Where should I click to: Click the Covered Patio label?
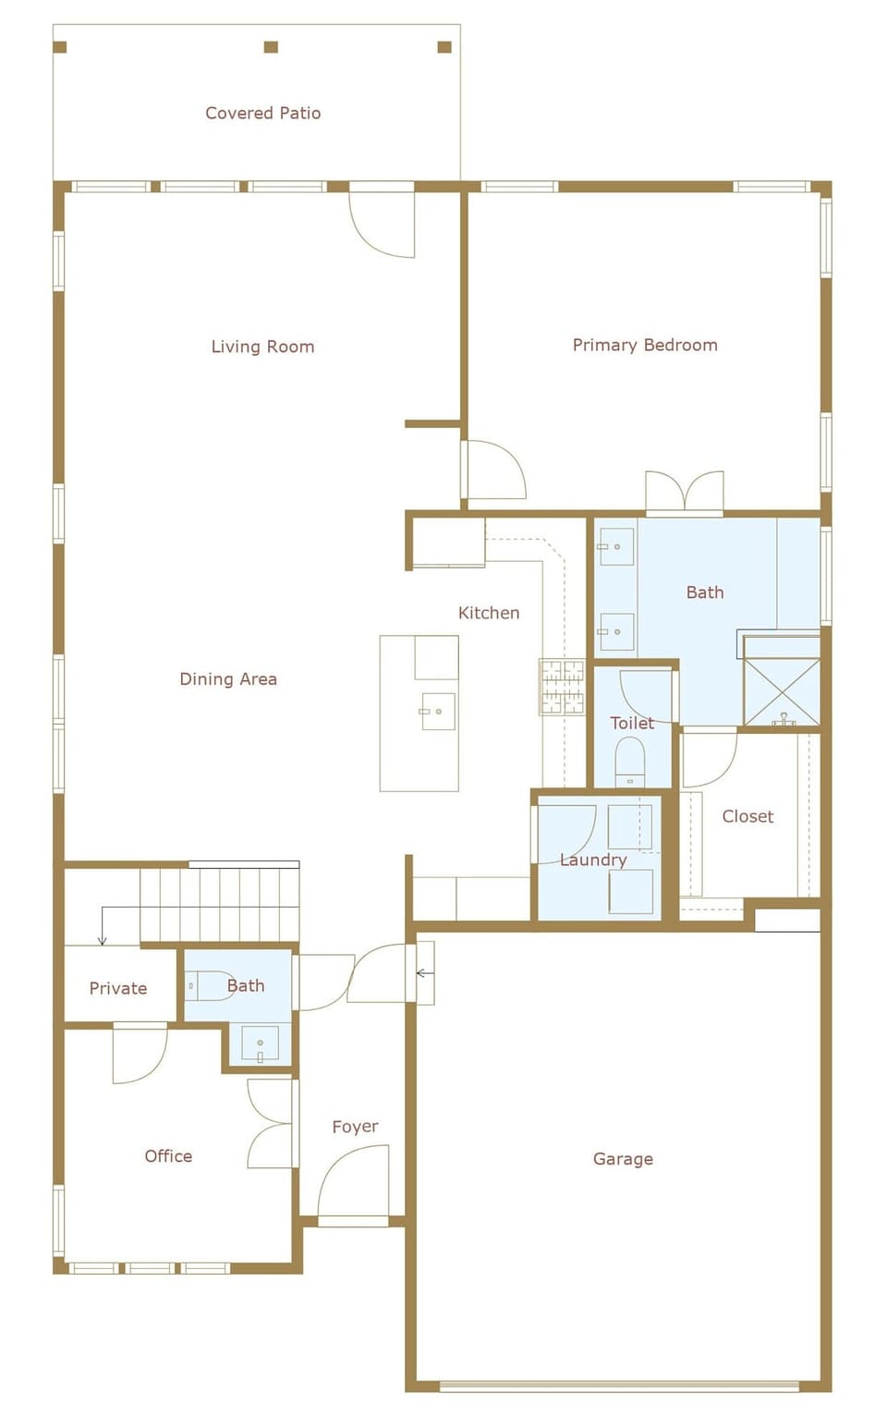click(262, 113)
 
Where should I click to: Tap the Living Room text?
click(262, 347)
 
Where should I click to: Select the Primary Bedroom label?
click(644, 345)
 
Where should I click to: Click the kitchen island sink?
click(438, 712)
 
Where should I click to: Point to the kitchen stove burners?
click(562, 687)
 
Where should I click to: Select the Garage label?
click(623, 1159)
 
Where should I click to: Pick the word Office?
click(168, 1156)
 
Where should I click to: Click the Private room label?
click(118, 988)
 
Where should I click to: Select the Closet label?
click(747, 816)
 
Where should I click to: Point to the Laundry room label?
click(593, 860)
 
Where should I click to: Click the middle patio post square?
click(271, 47)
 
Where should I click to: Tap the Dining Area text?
click(228, 679)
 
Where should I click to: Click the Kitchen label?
click(489, 613)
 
